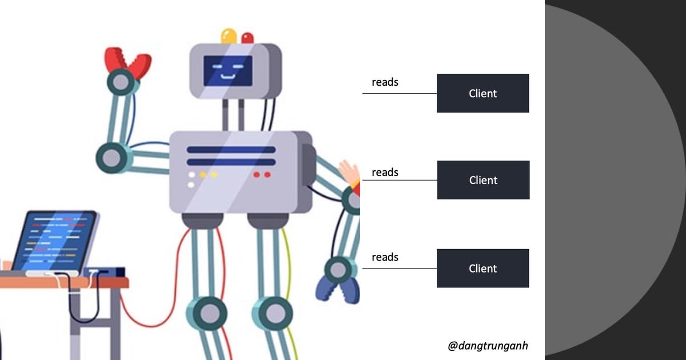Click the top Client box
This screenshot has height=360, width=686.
(482, 93)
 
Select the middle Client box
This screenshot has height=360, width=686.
(483, 180)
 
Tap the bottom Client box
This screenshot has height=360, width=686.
(482, 268)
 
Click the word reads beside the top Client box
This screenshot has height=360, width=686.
(385, 82)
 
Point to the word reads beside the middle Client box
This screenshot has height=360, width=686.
(385, 172)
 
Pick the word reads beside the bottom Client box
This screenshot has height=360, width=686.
(385, 257)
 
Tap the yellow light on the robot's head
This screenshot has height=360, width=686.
(229, 35)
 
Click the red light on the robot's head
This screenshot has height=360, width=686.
(248, 38)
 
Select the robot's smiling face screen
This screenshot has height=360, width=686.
(228, 71)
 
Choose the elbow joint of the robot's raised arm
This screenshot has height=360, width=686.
(111, 157)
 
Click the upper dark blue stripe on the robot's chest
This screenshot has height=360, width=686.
(231, 150)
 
